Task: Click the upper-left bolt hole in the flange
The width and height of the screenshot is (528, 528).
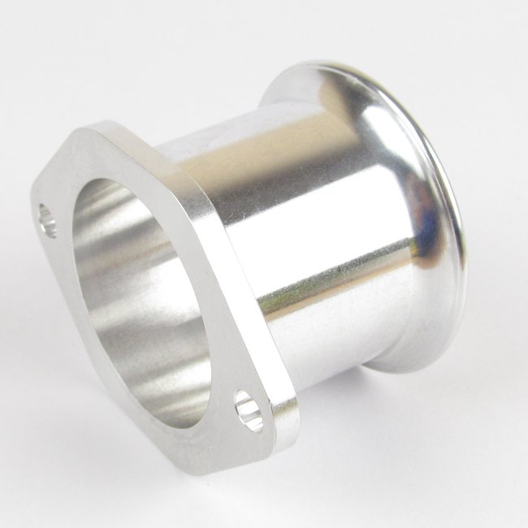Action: click(45, 220)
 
